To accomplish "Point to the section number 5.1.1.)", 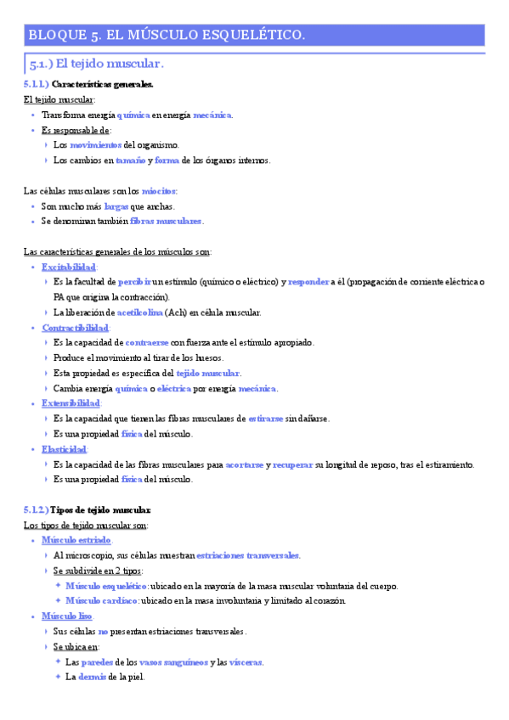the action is coord(37,85).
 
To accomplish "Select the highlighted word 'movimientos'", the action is coord(96,145).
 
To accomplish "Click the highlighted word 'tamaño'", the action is coord(132,160).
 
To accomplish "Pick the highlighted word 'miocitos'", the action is coord(159,191).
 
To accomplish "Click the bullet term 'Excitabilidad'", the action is coord(70,267).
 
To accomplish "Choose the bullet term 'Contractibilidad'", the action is coord(75,328).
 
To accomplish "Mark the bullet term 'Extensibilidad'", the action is coord(71,403).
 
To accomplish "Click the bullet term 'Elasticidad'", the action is coord(65,449).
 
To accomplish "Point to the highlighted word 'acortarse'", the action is coord(245,464).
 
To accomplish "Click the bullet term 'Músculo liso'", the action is coord(67,616).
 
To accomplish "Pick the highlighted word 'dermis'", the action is coord(93,677).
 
